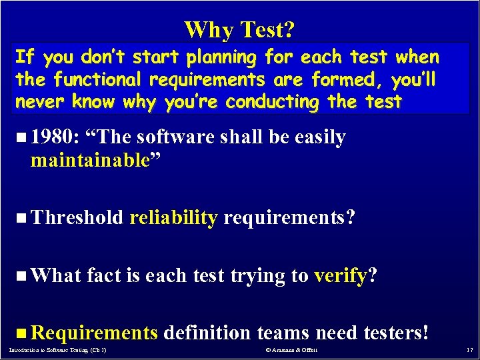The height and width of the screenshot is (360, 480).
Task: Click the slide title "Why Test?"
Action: [239, 29]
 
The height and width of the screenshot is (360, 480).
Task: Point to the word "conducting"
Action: [273, 102]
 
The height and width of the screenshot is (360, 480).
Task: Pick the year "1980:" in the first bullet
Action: [55, 137]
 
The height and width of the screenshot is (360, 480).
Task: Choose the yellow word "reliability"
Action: [173, 217]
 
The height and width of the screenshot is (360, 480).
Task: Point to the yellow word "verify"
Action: [339, 274]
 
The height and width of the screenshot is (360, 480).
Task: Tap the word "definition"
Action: [207, 331]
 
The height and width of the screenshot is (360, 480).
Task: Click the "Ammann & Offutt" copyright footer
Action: [291, 350]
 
